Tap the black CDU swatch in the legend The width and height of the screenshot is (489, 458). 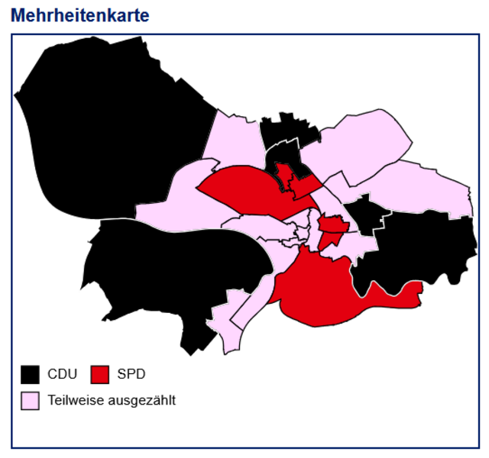[30, 374]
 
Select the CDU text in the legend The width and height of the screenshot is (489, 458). [63, 374]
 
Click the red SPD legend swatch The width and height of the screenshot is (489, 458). [99, 374]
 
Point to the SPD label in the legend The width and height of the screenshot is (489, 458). [131, 374]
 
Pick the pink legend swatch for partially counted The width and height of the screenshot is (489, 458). [30, 400]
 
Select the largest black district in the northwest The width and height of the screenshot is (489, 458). [115, 114]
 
